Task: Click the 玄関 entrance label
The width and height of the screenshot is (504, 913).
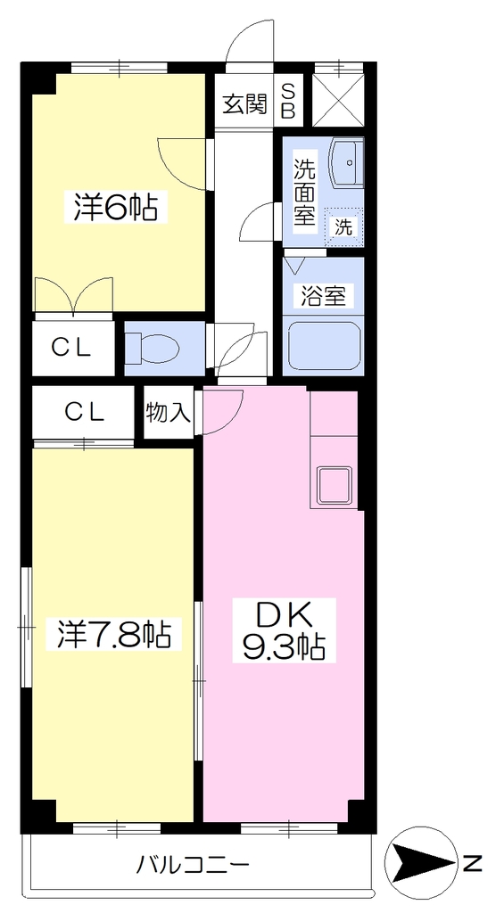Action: (244, 104)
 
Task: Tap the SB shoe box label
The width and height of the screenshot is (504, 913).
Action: (288, 100)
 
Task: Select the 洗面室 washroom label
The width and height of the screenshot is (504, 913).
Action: (304, 193)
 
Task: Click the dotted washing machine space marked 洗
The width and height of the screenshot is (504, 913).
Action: (343, 226)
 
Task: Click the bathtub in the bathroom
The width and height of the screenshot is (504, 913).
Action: (323, 348)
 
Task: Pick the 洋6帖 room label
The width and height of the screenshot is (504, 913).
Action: (116, 207)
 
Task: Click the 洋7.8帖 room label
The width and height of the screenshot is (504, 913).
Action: (113, 635)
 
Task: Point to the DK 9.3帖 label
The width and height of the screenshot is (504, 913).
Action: (284, 629)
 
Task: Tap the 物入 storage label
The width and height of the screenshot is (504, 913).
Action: (168, 413)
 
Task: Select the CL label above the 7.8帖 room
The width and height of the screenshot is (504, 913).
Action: (84, 413)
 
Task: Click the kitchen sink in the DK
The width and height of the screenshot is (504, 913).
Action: (334, 483)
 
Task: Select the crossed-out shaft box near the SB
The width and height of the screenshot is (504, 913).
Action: (338, 100)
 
